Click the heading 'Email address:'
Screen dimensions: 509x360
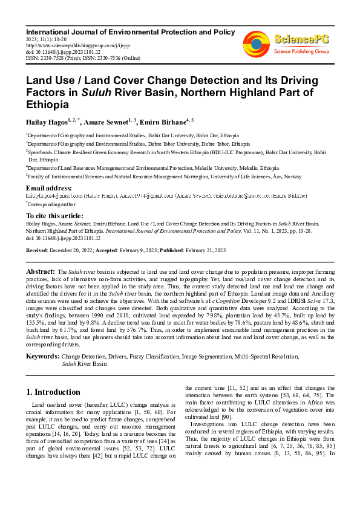click(49, 189)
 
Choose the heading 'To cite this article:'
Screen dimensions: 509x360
click(55, 216)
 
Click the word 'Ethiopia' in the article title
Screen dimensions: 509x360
click(47, 104)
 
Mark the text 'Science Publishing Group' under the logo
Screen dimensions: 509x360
click(301, 52)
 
